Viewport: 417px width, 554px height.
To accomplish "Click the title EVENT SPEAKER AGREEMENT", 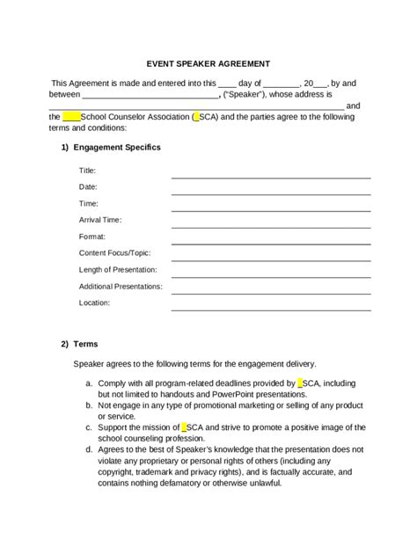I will pyautogui.click(x=208, y=63).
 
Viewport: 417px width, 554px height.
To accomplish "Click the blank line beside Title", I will pyautogui.click(x=271, y=176).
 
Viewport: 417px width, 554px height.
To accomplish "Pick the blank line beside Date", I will pyautogui.click(x=271, y=193).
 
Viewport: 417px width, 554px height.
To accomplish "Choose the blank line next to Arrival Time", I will pyautogui.click(x=271, y=226).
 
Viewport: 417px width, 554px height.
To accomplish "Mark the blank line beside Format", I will pyautogui.click(x=271, y=243).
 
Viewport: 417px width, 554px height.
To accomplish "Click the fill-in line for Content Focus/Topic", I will pyautogui.click(x=271, y=259).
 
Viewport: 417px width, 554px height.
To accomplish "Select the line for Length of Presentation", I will pyautogui.click(x=271, y=275).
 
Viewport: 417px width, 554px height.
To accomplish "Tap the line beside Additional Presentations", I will pyautogui.click(x=271, y=292).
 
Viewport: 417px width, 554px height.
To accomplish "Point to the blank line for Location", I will pyautogui.click(x=271, y=309).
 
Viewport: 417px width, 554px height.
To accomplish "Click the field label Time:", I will pyautogui.click(x=88, y=203).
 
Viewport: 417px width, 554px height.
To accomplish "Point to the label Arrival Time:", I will pyautogui.click(x=100, y=220).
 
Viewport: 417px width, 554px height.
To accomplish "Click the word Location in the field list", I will pyautogui.click(x=93, y=303).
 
